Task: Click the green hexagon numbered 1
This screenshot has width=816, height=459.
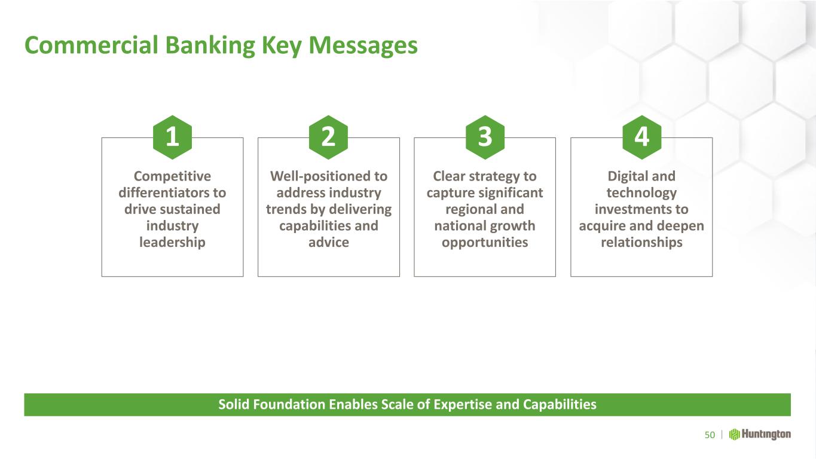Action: pyautogui.click(x=172, y=137)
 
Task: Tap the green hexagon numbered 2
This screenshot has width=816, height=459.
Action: pyautogui.click(x=329, y=137)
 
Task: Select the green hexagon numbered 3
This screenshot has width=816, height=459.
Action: pyautogui.click(x=485, y=137)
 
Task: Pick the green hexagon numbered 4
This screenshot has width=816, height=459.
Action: pyautogui.click(x=641, y=137)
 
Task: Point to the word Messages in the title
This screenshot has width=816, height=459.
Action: pyautogui.click(x=363, y=46)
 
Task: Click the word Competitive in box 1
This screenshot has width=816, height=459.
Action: pyautogui.click(x=172, y=176)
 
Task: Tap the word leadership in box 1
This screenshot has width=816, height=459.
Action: pyautogui.click(x=172, y=242)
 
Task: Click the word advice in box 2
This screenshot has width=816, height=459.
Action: pyautogui.click(x=329, y=242)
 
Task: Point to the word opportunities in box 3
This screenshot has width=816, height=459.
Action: pyautogui.click(x=485, y=243)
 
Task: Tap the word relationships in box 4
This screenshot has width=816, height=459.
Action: pyautogui.click(x=641, y=242)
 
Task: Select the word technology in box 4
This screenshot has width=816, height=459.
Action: pyautogui.click(x=641, y=193)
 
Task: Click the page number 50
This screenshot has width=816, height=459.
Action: pyautogui.click(x=710, y=435)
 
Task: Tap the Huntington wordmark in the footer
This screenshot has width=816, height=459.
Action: pyautogui.click(x=766, y=434)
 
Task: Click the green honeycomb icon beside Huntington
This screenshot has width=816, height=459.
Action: pyautogui.click(x=734, y=434)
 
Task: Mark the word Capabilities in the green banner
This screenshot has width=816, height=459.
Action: pyautogui.click(x=560, y=405)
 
